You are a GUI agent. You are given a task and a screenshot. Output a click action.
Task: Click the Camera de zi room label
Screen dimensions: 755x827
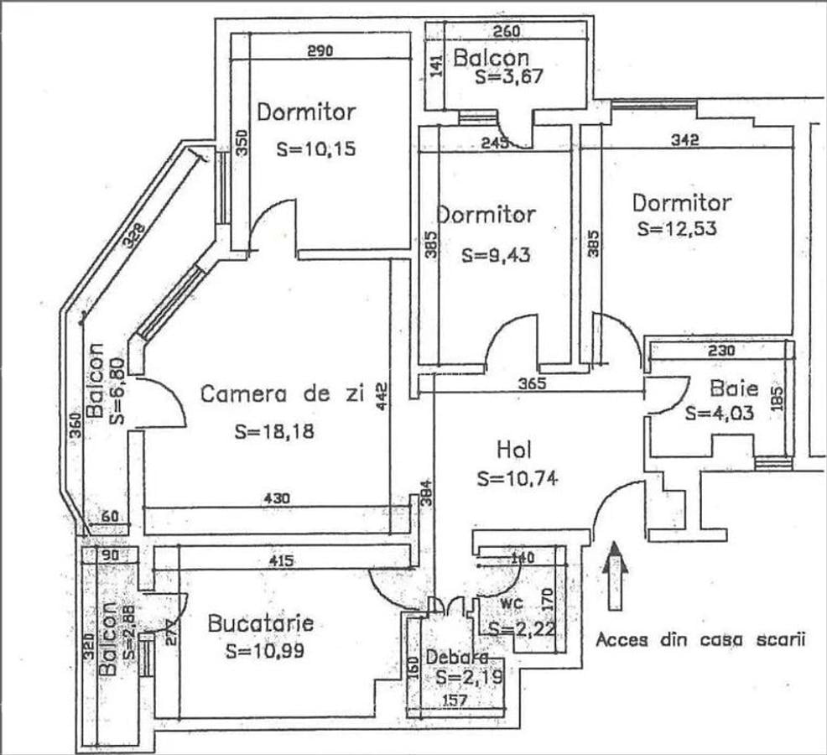click(x=282, y=394)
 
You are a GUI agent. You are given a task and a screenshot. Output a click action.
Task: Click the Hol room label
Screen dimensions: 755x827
click(x=514, y=450)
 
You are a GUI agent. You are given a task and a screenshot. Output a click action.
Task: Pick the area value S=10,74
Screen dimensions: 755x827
click(x=518, y=479)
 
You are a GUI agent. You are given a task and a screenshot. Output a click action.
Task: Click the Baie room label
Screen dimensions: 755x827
click(x=734, y=388)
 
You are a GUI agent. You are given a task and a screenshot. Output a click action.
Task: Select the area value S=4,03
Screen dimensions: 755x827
click(x=720, y=413)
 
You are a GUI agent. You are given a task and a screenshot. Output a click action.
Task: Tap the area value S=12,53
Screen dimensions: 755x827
click(x=677, y=229)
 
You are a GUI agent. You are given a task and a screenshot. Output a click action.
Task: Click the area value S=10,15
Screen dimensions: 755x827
click(x=316, y=150)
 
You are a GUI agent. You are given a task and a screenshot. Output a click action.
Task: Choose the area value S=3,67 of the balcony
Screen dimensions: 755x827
click(x=510, y=77)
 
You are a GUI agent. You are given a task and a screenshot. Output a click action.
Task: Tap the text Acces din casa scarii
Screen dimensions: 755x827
click(x=700, y=640)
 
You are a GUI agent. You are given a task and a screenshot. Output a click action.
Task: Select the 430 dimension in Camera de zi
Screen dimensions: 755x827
click(x=277, y=498)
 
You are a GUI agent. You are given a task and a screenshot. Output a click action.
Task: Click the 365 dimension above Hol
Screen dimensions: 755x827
click(x=531, y=384)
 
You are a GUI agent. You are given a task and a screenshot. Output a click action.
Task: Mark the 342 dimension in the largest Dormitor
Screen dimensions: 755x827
click(x=685, y=140)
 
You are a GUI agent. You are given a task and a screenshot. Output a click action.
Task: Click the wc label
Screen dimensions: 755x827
click(x=514, y=603)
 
